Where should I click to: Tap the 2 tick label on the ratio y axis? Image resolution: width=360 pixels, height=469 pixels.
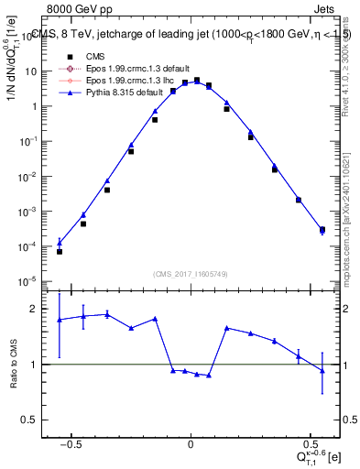tap(37, 309)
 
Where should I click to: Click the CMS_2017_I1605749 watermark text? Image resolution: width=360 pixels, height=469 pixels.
tap(191, 274)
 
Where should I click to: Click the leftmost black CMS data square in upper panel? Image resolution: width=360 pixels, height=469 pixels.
tap(60, 251)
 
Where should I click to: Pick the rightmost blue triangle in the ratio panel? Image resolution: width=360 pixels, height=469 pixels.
tap(322, 370)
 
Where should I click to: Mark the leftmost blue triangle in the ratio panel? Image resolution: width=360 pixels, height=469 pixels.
tap(60, 320)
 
